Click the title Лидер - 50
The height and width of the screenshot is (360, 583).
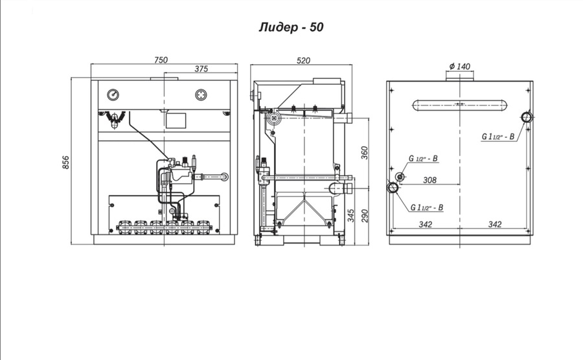pos(291,27)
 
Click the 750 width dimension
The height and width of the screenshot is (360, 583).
pos(161,60)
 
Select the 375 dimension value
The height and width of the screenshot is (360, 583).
pos(201,69)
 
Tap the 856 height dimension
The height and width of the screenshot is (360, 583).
pos(66,163)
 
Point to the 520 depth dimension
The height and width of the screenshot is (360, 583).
pos(303,61)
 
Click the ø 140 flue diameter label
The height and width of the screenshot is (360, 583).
pos(460,67)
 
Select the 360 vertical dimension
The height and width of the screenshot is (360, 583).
pos(364,153)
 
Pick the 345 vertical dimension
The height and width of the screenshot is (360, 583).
pos(351,216)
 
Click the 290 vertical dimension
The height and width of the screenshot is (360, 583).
pos(364,216)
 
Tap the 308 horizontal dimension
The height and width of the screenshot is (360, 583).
pos(430,180)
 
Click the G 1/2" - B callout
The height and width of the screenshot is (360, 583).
pos(423,159)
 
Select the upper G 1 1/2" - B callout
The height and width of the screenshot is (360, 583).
pos(498,137)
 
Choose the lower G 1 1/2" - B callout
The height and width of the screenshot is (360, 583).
pos(427,207)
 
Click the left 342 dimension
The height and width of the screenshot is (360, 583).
pos(426,225)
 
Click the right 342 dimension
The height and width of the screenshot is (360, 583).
pos(495,225)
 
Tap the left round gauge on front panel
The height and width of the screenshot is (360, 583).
pos(113,95)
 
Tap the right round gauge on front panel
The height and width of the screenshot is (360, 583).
pos(201,95)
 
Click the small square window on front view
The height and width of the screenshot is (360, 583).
pos(176,120)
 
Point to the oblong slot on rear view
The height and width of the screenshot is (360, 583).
pos(460,105)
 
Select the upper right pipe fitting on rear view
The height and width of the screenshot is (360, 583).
pos(527,117)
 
